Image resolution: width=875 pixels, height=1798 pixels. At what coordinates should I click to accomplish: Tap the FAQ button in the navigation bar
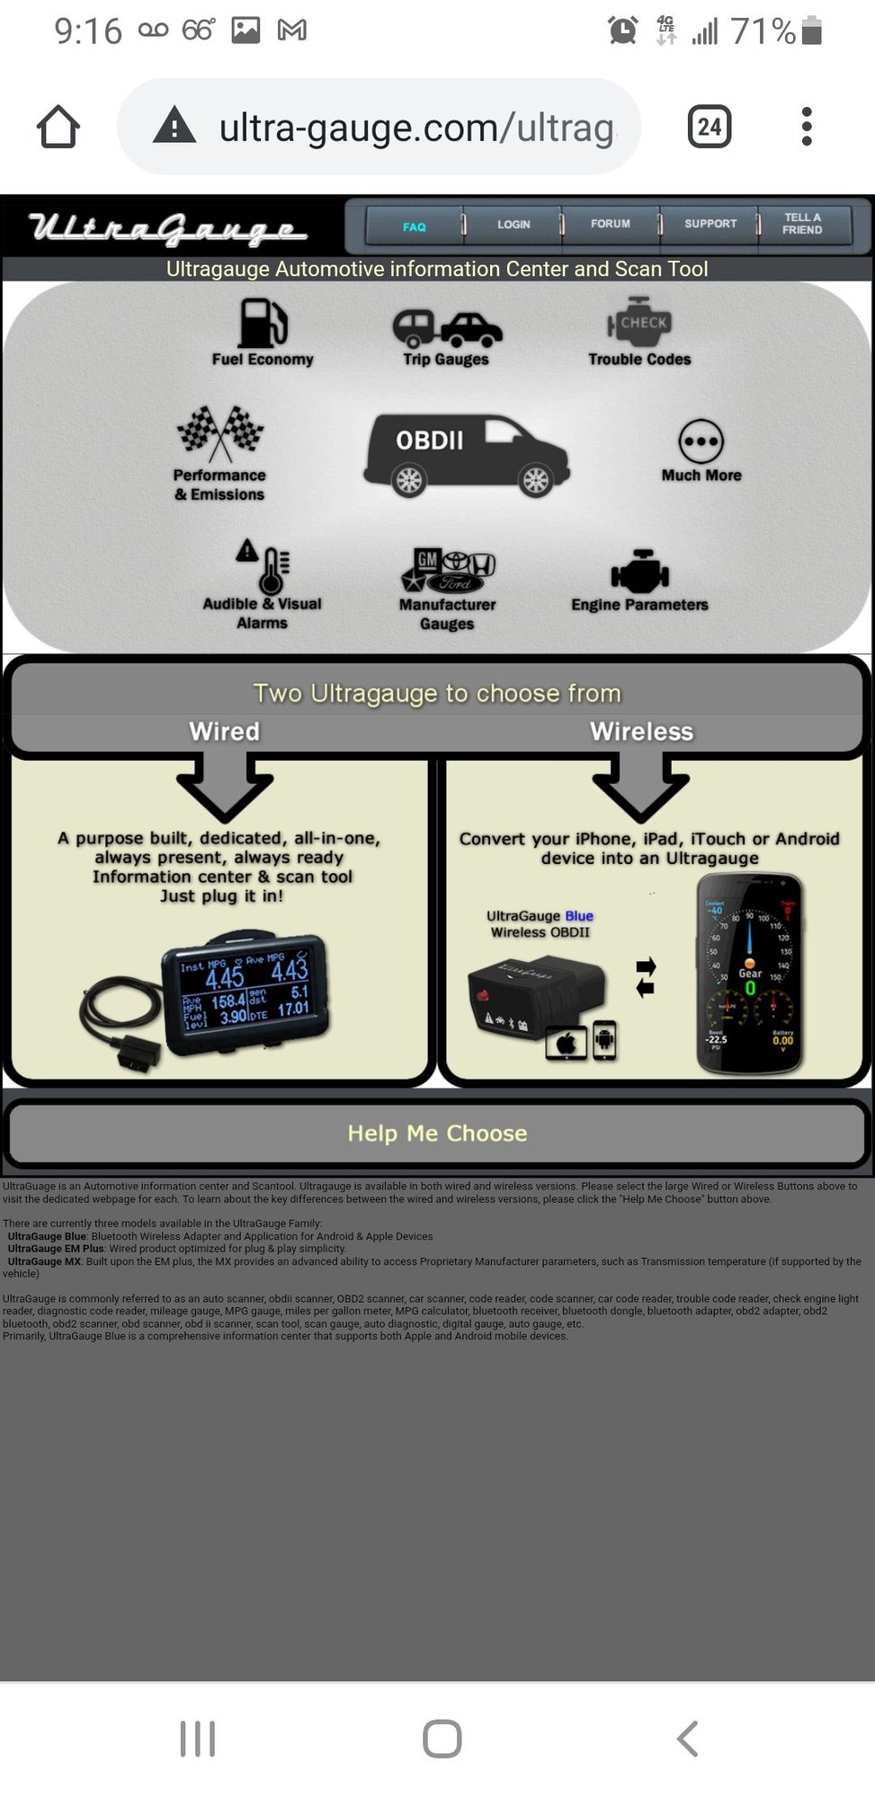coord(414,227)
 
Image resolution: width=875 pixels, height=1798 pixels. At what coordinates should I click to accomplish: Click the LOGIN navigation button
coord(513,225)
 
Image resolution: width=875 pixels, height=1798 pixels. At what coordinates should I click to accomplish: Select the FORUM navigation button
coord(610,224)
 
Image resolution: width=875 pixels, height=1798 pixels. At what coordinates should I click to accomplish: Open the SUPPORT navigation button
coord(710,224)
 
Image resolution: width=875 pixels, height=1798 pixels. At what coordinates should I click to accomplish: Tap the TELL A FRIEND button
coord(802,224)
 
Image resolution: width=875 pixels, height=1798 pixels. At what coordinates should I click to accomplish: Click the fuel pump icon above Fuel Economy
coord(263,323)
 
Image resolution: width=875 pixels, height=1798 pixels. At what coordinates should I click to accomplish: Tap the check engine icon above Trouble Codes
coord(639,322)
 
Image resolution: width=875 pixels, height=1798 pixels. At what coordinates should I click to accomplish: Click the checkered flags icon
coord(220,432)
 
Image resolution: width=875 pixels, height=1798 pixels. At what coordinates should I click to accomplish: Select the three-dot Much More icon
coord(701,441)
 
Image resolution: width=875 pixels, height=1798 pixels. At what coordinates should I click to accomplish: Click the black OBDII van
coord(466,455)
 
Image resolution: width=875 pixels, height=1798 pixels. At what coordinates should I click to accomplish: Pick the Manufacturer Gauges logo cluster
coord(448,570)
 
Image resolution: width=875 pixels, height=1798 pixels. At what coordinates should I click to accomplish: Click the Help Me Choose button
coord(437,1134)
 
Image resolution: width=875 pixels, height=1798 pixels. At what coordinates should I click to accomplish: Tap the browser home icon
coord(58,127)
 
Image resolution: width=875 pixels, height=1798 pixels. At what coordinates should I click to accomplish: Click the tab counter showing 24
coord(709,127)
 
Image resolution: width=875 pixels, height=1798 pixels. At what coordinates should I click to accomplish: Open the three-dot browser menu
coord(807,127)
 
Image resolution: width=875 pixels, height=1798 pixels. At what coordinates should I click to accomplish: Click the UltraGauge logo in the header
coord(167,228)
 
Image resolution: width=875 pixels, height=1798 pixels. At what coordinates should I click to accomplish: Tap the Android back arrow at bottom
coord(687,1739)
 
